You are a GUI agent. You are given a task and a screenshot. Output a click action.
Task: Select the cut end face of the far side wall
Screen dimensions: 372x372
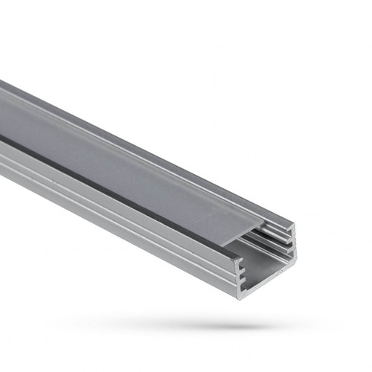(x=293, y=240)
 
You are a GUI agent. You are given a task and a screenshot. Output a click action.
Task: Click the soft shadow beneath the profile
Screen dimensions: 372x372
(x=223, y=324)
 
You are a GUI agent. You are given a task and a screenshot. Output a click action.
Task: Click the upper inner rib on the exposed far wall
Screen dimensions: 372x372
(x=277, y=235)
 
